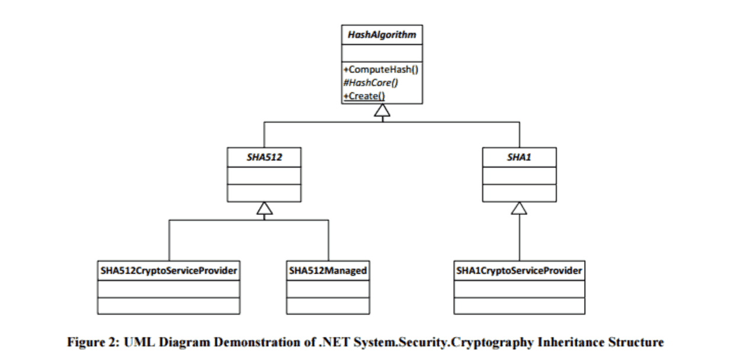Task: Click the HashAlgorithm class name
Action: [x=381, y=34]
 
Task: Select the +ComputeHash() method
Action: [x=381, y=69]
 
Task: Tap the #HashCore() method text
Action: [x=371, y=83]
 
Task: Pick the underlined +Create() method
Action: [x=364, y=96]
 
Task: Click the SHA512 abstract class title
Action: [x=264, y=157]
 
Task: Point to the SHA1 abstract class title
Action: [x=519, y=157]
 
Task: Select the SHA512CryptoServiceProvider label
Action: [x=169, y=271]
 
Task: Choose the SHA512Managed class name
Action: [x=328, y=271]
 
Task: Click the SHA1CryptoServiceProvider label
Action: [x=519, y=271]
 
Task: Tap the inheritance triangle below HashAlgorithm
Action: [x=382, y=111]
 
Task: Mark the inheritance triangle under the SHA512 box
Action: [x=264, y=209]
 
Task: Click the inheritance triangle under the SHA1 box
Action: [x=519, y=209]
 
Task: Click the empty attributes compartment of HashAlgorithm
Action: [x=382, y=53]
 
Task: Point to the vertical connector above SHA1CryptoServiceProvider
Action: [x=519, y=237]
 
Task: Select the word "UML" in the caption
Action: [x=139, y=342]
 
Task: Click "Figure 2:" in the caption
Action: [x=94, y=342]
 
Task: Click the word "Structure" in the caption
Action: [x=636, y=342]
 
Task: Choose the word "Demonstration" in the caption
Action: [x=258, y=342]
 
